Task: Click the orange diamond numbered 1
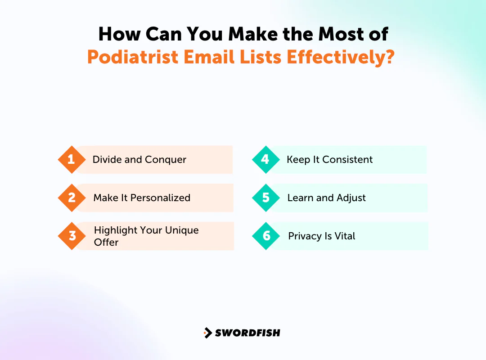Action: (x=72, y=160)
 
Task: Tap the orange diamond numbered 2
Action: (x=72, y=198)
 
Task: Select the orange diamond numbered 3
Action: (x=72, y=236)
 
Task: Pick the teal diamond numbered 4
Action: (x=265, y=160)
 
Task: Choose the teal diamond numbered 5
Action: (x=266, y=198)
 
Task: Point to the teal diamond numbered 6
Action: (x=267, y=236)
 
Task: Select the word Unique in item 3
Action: (x=180, y=230)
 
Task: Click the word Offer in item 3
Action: (x=106, y=242)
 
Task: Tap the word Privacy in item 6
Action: (x=304, y=236)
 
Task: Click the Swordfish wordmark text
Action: (x=247, y=333)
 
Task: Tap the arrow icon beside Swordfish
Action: (x=207, y=333)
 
